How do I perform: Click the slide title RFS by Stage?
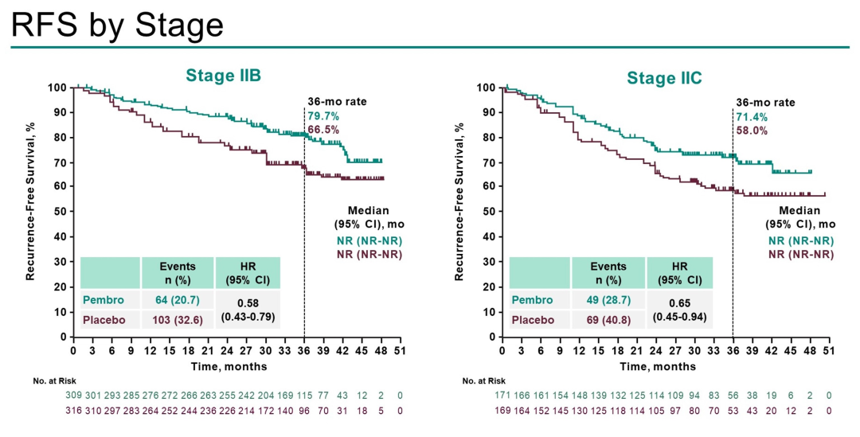tap(117, 25)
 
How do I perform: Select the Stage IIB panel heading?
tap(224, 76)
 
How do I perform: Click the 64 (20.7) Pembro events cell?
tap(178, 300)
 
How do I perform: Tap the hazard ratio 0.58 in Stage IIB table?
tap(248, 303)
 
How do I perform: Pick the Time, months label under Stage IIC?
tap(657, 367)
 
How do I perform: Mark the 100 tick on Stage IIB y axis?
tap(57, 88)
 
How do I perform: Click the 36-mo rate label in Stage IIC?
tap(765, 103)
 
